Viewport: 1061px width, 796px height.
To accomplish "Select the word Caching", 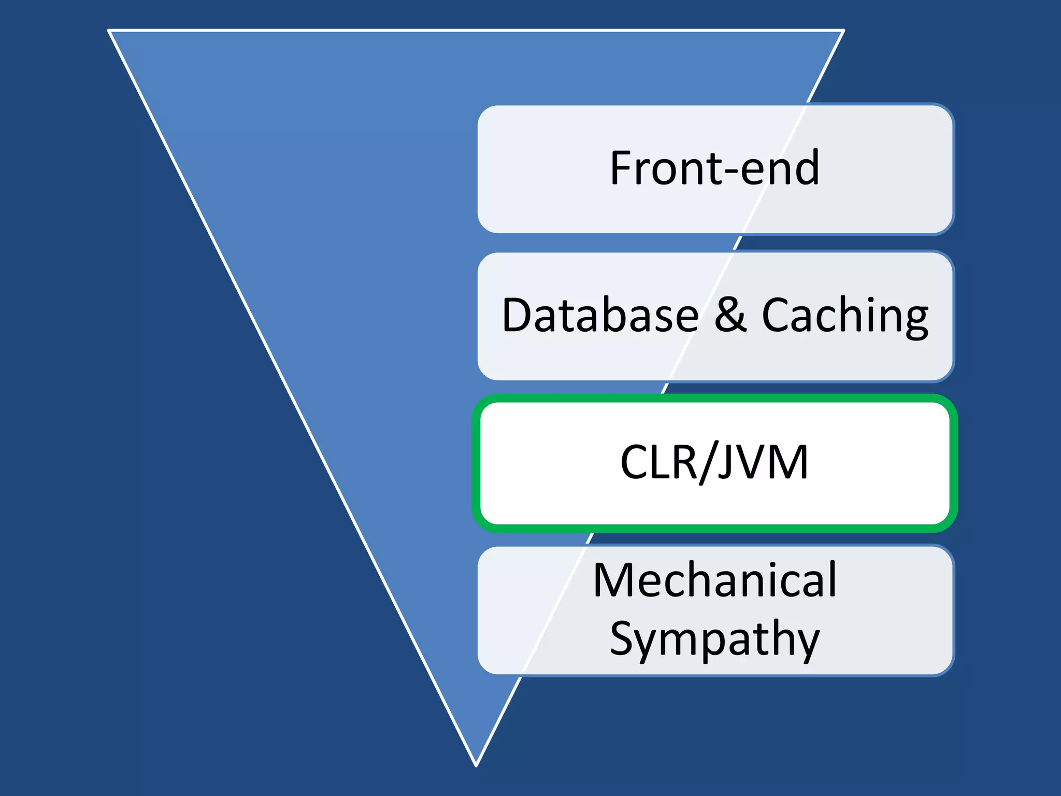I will point(844,316).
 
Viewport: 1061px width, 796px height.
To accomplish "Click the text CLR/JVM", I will point(714,462).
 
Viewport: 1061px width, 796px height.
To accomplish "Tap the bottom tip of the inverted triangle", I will point(476,765).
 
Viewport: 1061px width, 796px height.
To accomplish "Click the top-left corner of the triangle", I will point(109,31).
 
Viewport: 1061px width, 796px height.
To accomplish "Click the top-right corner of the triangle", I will point(843,31).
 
